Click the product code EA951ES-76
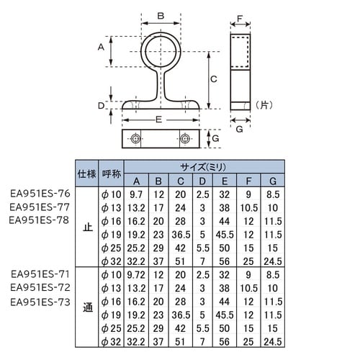[x=40, y=194]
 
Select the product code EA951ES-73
[x=40, y=302]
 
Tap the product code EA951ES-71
[x=40, y=274]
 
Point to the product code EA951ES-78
[x=40, y=220]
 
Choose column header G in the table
[x=272, y=180]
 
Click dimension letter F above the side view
[x=242, y=17]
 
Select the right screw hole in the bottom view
[x=186, y=138]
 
